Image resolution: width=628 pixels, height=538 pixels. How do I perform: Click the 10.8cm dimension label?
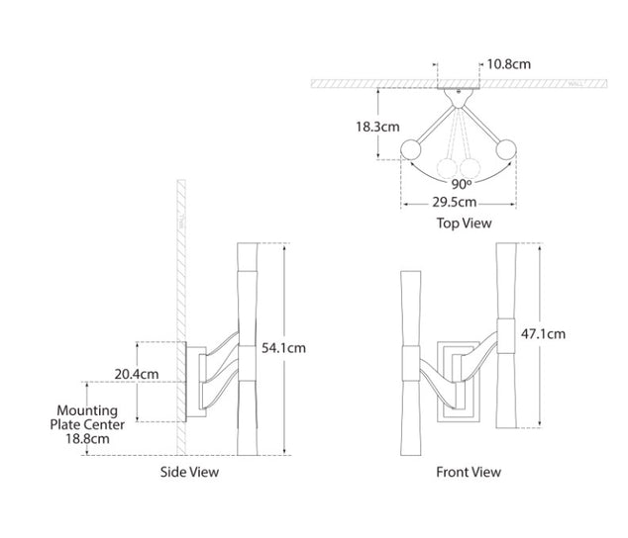(x=509, y=65)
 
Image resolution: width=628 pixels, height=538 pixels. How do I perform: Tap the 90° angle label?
(x=461, y=183)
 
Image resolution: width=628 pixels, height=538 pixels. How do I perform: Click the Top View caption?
(x=464, y=224)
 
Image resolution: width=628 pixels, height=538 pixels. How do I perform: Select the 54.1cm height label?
(x=283, y=348)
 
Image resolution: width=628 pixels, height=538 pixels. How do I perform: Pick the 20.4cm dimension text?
(x=135, y=374)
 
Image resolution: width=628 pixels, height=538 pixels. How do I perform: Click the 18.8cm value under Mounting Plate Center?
(x=86, y=438)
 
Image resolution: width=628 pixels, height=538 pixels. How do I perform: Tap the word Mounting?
(x=87, y=410)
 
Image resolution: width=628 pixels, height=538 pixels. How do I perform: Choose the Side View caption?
(x=189, y=472)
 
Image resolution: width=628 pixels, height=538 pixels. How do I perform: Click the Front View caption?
(x=469, y=472)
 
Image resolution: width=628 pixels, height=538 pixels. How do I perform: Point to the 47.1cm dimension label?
(x=543, y=334)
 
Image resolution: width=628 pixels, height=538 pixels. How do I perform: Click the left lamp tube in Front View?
(x=408, y=346)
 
